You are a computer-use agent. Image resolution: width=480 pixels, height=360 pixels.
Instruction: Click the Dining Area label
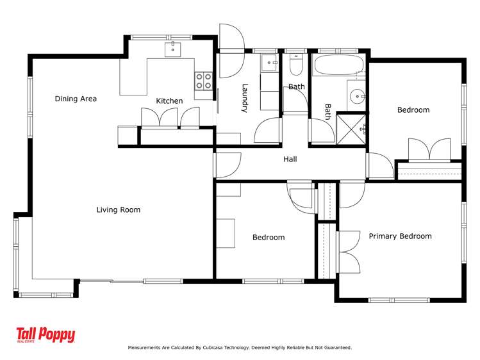coord(76,99)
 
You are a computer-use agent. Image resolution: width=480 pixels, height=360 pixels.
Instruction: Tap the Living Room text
coord(118,209)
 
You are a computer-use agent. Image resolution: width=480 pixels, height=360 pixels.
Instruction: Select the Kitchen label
coord(169,101)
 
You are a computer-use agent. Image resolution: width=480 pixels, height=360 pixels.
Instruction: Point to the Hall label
coord(290,159)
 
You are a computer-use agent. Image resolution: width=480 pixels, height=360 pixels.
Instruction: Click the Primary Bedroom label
coord(400,236)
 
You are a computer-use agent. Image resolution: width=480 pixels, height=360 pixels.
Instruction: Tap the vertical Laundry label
coord(244,98)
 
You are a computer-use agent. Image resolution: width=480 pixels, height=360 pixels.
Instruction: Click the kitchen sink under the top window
coord(174,49)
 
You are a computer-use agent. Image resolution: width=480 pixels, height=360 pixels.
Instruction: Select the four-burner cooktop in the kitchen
coord(204,81)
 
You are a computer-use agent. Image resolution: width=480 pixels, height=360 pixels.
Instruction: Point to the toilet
coord(296,65)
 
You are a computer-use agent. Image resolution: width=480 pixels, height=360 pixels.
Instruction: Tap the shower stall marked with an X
coord(351,127)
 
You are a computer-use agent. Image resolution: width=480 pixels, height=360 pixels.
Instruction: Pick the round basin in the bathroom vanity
coord(356,97)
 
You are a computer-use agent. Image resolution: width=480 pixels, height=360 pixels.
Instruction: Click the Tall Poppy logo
coord(46,335)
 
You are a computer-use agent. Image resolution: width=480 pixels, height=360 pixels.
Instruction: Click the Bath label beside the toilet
coord(296,86)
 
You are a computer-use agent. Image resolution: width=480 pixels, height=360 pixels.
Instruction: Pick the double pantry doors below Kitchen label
coord(158,118)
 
